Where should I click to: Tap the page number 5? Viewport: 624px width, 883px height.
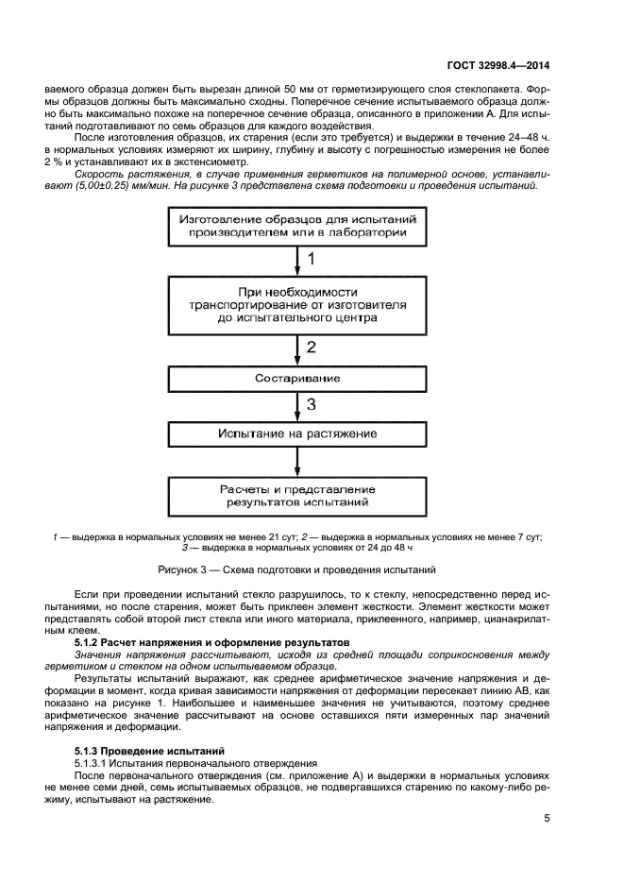tap(547, 819)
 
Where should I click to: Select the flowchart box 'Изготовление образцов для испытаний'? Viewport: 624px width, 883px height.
tap(297, 227)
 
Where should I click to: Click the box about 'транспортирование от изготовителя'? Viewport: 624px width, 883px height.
tap(297, 305)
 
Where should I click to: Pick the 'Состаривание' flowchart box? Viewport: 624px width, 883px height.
tap(297, 379)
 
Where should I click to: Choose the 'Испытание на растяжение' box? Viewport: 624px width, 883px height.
tap(297, 434)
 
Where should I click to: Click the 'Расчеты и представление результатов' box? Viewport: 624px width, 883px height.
tap(297, 496)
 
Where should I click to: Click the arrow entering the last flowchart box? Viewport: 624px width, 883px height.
tap(298, 464)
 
